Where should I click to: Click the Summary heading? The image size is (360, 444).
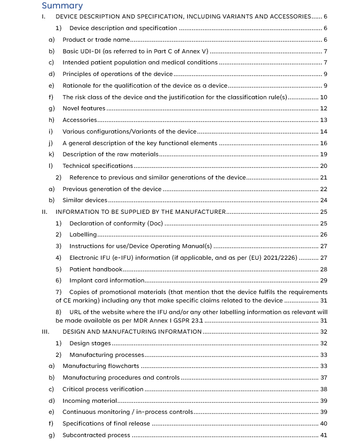tap(62, 6)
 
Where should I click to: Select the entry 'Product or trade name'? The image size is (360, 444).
tap(96, 40)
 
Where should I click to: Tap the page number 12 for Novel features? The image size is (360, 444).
tap(324, 108)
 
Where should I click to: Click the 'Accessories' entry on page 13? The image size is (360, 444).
tap(80, 120)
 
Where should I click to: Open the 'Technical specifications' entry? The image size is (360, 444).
tap(98, 166)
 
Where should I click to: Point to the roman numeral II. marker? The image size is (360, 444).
tap(45, 212)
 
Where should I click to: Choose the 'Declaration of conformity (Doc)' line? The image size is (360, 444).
tap(116, 223)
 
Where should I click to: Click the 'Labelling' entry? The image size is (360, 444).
tap(83, 234)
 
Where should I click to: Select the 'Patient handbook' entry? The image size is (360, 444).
tap(96, 269)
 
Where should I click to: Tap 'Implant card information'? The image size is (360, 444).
tap(107, 280)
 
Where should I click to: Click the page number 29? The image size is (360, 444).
tap(324, 280)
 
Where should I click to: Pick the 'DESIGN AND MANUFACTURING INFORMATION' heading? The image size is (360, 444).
tap(132, 332)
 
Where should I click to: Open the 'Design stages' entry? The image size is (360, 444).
tap(90, 343)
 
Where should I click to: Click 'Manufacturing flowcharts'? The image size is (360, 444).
tap(101, 366)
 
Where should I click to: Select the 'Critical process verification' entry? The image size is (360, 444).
tap(103, 389)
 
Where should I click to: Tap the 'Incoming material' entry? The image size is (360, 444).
tap(90, 401)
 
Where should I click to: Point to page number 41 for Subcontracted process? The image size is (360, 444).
tap(324, 435)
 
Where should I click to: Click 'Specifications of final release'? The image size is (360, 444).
tap(106, 423)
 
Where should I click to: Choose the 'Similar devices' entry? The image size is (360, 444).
tap(85, 200)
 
